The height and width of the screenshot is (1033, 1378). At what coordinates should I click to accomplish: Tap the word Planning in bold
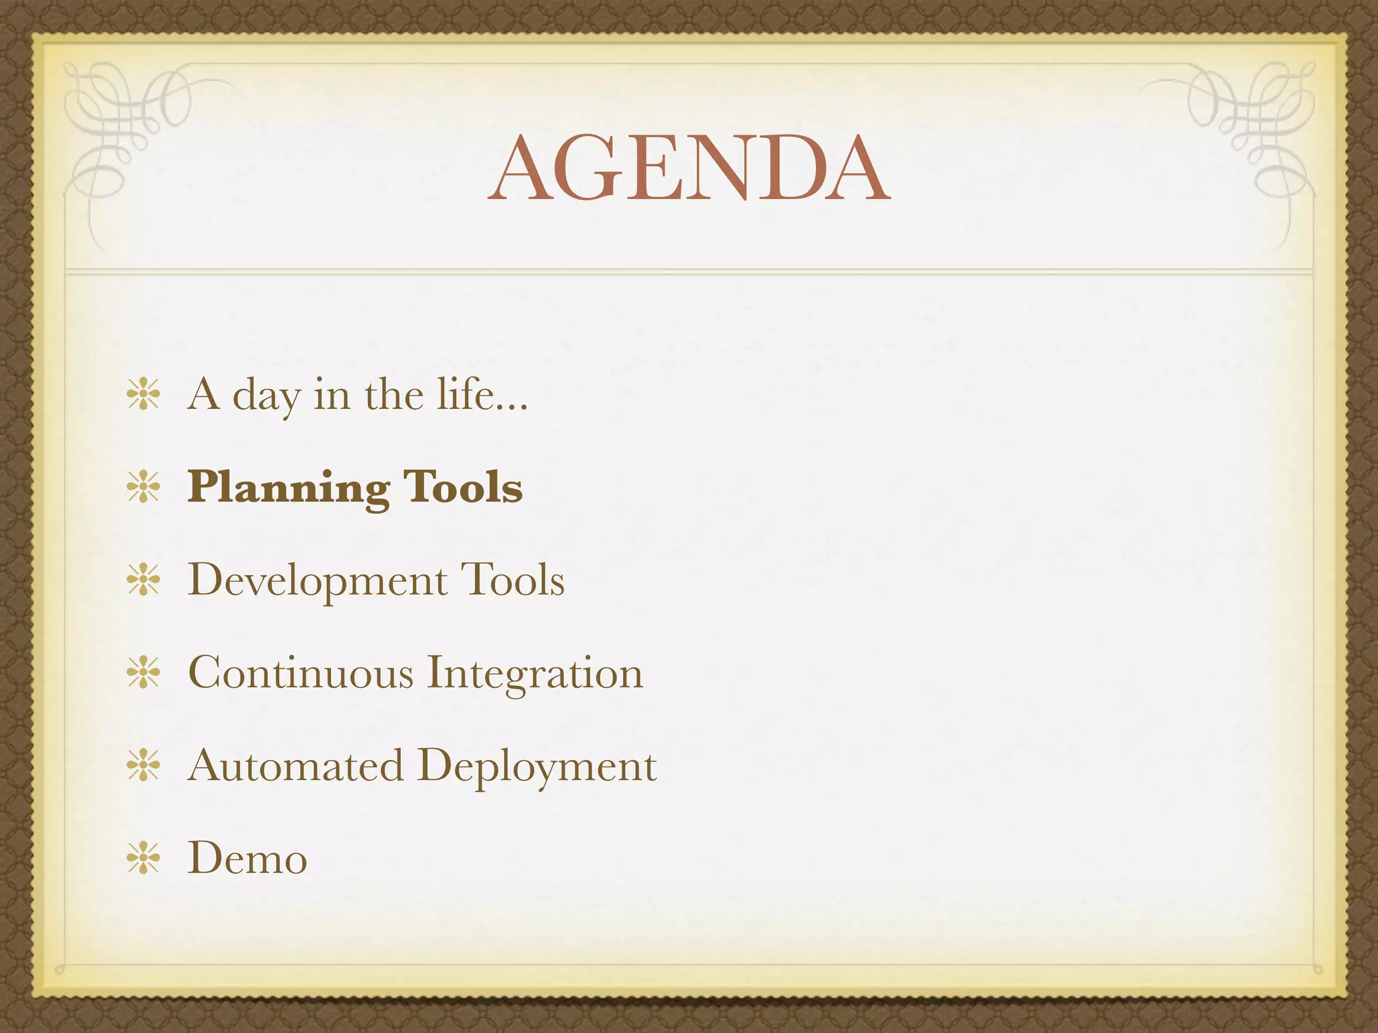coord(288,488)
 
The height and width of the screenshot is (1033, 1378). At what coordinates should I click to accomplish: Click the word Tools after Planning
coord(462,487)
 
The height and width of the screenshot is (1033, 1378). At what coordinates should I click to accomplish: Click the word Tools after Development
coord(512,580)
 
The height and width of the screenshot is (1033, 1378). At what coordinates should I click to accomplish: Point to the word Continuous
coord(300,673)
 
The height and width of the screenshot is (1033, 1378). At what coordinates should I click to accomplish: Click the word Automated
coord(295,765)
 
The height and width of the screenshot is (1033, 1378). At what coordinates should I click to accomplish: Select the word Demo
coord(247,859)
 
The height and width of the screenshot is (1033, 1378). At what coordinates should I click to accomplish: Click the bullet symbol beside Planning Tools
coord(143,488)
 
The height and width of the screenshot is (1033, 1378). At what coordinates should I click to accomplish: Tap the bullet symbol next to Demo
coord(143,859)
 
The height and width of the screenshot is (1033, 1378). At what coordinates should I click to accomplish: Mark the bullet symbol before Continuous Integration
coord(143,673)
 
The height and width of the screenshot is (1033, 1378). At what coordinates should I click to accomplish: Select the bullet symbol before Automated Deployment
coord(143,766)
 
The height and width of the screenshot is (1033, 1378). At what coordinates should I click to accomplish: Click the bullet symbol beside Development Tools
coord(143,580)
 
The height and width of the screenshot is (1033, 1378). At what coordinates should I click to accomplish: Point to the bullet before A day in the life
coord(143,395)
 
